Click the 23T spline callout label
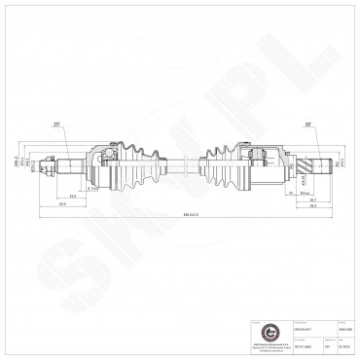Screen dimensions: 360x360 coord(71,125)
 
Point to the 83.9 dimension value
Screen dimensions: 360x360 coord(61,204)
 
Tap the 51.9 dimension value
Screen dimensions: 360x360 coord(74,196)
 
